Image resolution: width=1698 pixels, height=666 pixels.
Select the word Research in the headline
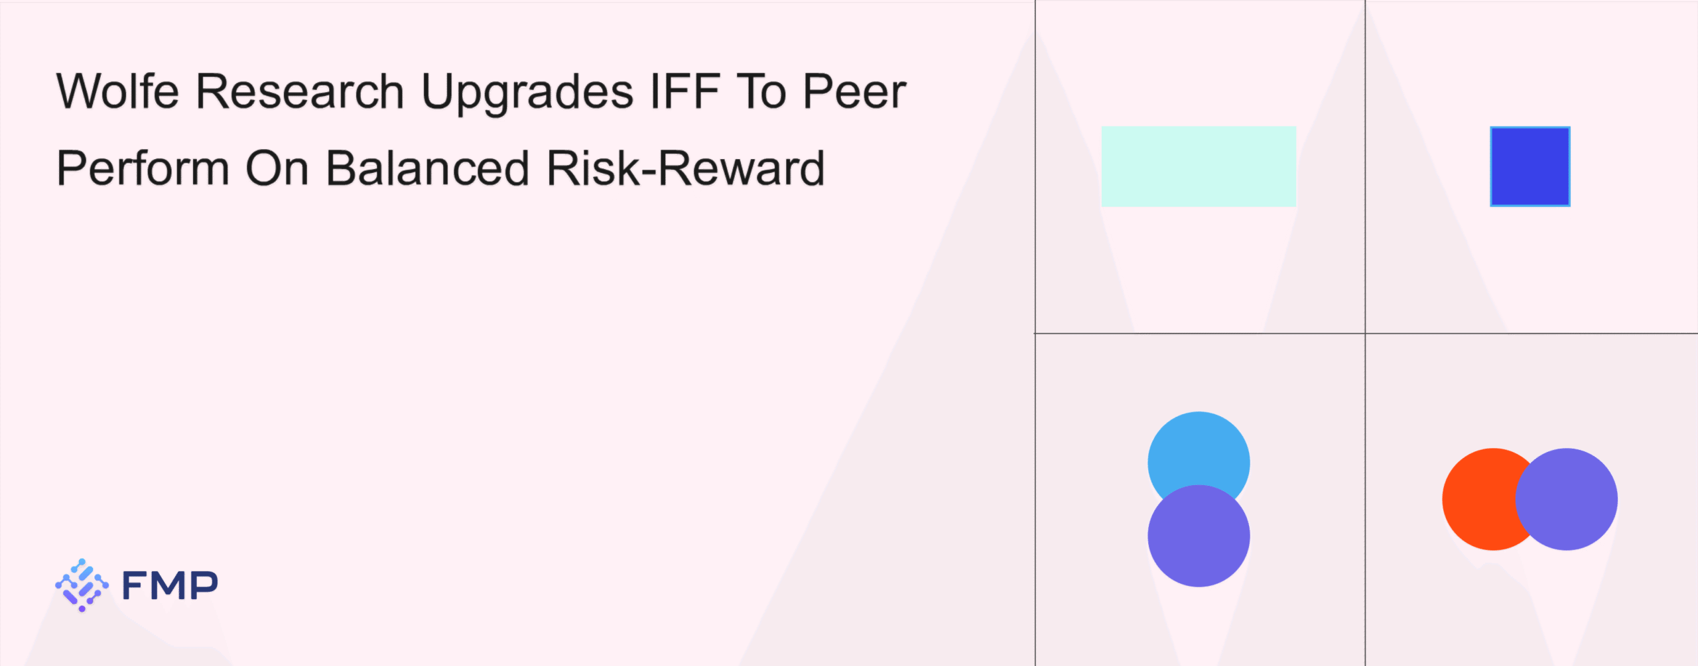tap(300, 91)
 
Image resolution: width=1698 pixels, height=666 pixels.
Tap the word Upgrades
tap(527, 93)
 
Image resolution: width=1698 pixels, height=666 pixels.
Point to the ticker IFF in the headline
tap(685, 91)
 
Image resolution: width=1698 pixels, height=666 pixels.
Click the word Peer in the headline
tap(854, 91)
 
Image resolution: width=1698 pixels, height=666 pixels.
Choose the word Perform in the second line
tap(143, 168)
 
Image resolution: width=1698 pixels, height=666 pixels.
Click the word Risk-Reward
tap(686, 168)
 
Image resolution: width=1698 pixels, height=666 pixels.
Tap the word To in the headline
tap(761, 91)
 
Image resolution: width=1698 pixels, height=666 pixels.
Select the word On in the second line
tap(277, 168)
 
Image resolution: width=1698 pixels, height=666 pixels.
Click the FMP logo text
tap(170, 585)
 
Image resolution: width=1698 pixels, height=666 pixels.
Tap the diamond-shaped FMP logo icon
tap(82, 585)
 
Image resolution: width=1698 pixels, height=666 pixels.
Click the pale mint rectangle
tap(1199, 166)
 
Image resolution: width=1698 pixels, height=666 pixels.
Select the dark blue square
tap(1530, 166)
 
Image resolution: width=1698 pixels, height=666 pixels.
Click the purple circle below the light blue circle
tap(1199, 535)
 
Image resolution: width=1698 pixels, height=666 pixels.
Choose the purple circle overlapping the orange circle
tap(1567, 499)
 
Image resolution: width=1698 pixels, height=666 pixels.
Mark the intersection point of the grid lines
tap(1365, 333)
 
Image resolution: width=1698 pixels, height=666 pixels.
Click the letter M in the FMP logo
tap(170, 586)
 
